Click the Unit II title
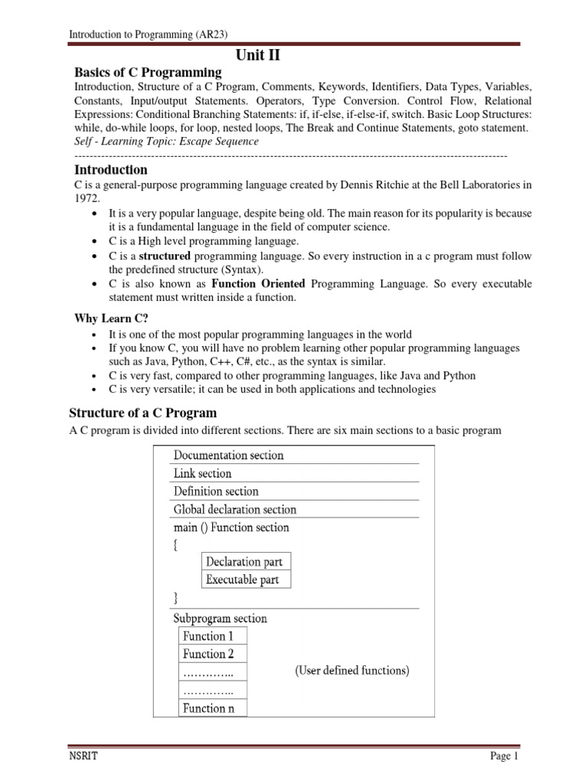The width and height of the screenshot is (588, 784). [x=264, y=54]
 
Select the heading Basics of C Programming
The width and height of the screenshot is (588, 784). [x=147, y=73]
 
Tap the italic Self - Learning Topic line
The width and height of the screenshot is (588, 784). [x=166, y=142]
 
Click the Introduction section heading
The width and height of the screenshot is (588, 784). [x=110, y=170]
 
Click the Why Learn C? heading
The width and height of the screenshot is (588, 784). [x=110, y=318]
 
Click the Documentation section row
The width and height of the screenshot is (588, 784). [x=228, y=456]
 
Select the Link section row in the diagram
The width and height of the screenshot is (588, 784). [x=202, y=473]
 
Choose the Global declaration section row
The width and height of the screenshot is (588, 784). [x=234, y=509]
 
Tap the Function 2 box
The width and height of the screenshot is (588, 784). [x=204, y=654]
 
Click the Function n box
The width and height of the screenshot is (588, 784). [x=204, y=708]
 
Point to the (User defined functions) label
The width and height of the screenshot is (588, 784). [x=352, y=671]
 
